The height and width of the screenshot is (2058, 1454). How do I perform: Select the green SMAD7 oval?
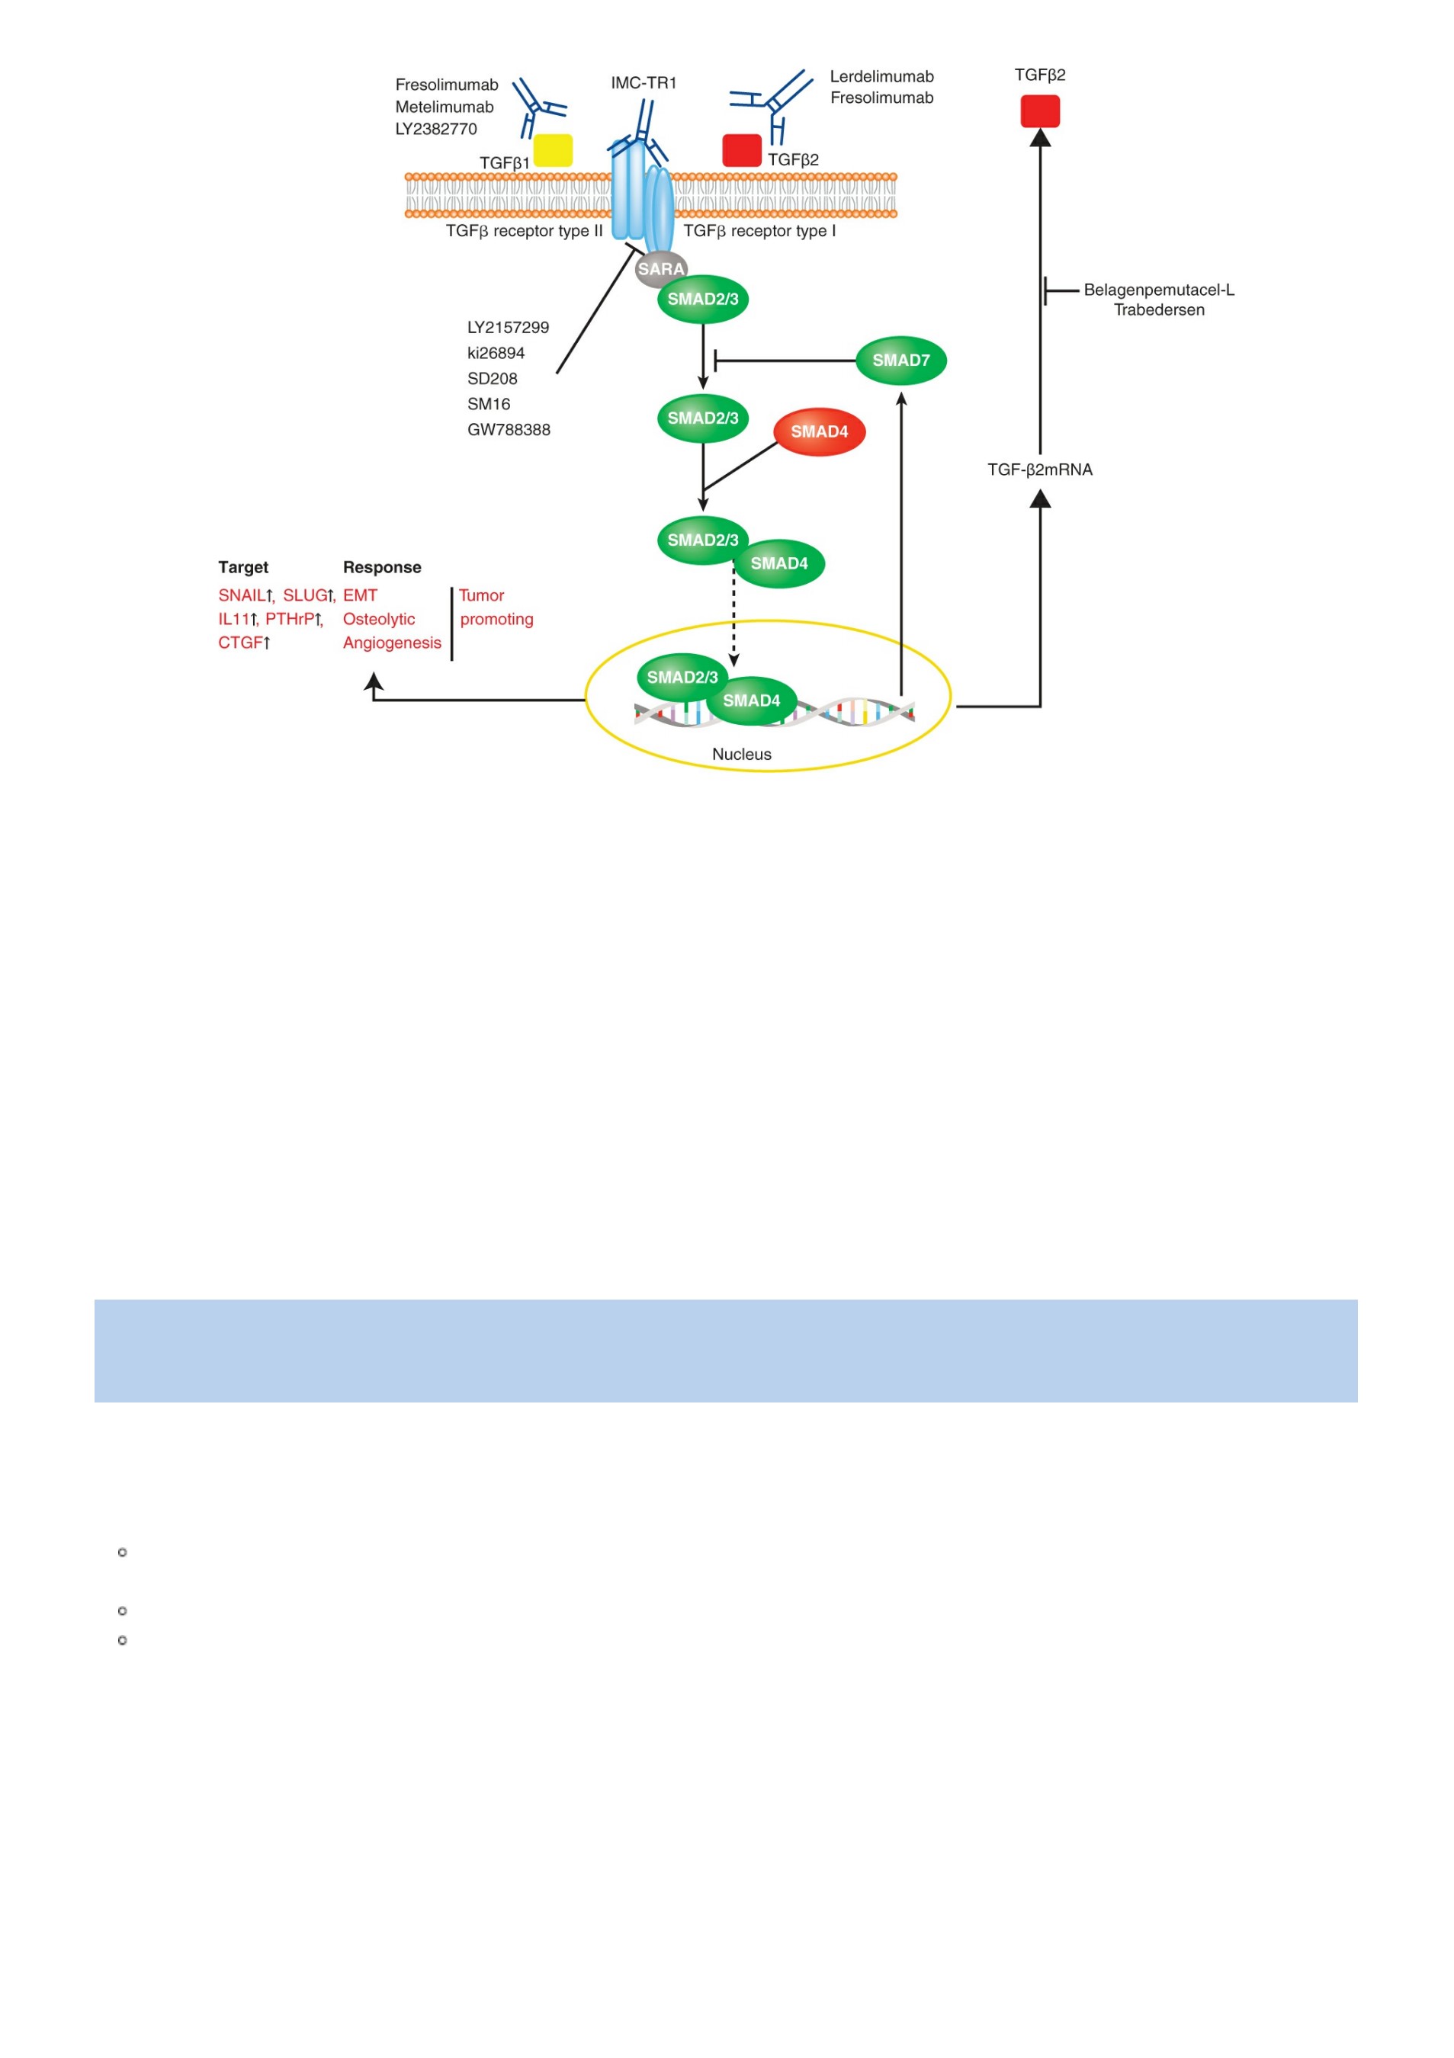[901, 361]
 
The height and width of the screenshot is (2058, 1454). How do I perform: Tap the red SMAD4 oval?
[820, 432]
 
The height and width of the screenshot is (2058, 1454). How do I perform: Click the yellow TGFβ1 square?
[553, 151]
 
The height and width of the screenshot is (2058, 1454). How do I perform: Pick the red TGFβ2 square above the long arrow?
[1040, 111]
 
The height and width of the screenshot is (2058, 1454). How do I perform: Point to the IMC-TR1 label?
[644, 83]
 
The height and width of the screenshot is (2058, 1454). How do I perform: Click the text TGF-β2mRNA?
[1040, 470]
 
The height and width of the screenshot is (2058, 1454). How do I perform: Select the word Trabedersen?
[1159, 310]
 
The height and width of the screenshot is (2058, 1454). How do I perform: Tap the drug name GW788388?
[509, 430]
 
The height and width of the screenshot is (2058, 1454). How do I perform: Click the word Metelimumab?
[445, 107]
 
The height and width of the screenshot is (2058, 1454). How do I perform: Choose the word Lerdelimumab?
[882, 77]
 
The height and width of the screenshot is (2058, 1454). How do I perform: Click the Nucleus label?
[741, 755]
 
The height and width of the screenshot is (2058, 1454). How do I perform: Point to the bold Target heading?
[243, 567]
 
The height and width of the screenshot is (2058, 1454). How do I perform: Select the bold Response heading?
[382, 567]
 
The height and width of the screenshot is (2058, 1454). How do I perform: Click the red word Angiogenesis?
[392, 643]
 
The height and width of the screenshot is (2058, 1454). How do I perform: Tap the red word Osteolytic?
[379, 620]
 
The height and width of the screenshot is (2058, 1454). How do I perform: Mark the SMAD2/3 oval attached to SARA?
[703, 300]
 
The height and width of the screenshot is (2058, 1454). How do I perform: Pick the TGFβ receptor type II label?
[525, 231]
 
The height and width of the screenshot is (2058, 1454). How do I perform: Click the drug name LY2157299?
[509, 328]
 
